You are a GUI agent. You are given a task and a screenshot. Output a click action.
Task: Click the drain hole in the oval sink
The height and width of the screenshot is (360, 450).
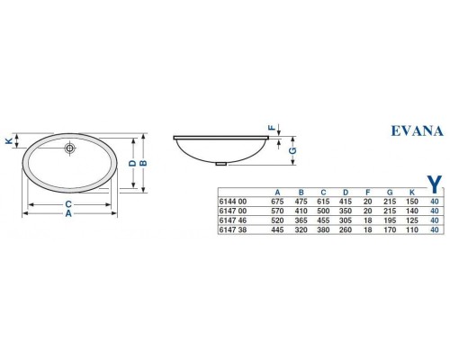point(68,147)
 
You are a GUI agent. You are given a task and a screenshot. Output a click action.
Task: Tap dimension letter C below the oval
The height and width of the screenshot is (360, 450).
point(68,204)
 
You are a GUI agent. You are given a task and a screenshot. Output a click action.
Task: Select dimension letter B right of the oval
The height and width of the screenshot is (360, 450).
point(142,163)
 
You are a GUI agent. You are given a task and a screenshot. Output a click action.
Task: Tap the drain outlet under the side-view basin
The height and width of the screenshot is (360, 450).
point(221,164)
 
